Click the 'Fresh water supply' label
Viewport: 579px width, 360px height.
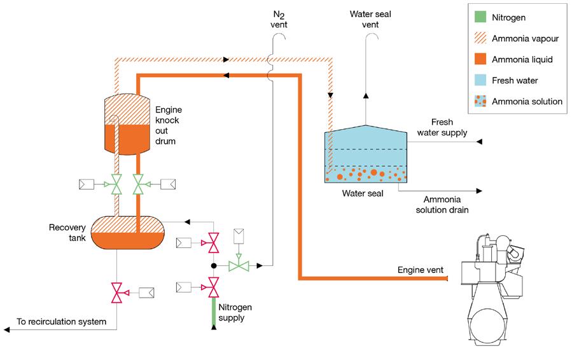pos(442,127)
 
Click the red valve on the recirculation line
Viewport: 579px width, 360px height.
pos(116,292)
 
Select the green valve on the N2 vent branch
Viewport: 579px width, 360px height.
pos(239,265)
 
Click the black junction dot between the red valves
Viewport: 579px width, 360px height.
pos(214,265)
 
